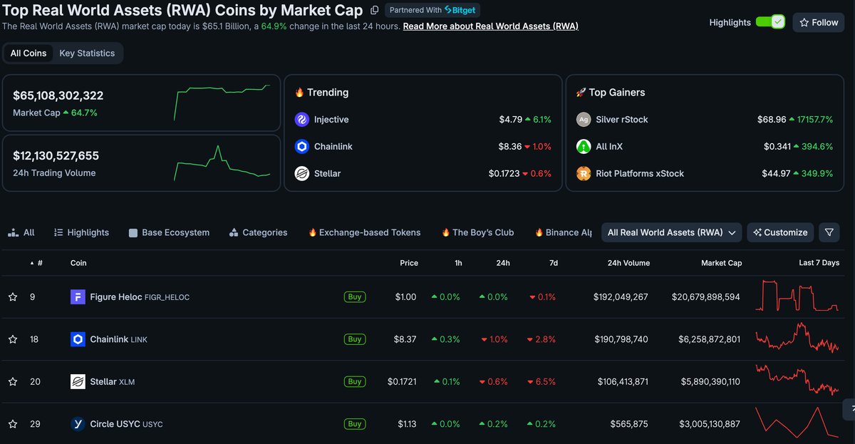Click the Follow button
point(819,23)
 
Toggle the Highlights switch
point(770,22)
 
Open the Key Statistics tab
point(87,53)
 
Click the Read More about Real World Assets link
point(490,26)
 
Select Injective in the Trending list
point(331,120)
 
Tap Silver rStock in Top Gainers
point(622,120)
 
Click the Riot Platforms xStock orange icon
point(584,174)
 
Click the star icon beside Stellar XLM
point(13,381)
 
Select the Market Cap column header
point(721,263)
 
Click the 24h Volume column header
point(628,263)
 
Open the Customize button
point(780,232)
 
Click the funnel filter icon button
point(829,232)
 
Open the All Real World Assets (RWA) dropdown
point(671,232)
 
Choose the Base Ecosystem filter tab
point(169,232)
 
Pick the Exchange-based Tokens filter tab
point(365,232)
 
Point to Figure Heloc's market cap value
point(706,297)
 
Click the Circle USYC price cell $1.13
point(407,424)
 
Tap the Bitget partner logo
point(460,10)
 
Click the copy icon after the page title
point(375,10)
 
